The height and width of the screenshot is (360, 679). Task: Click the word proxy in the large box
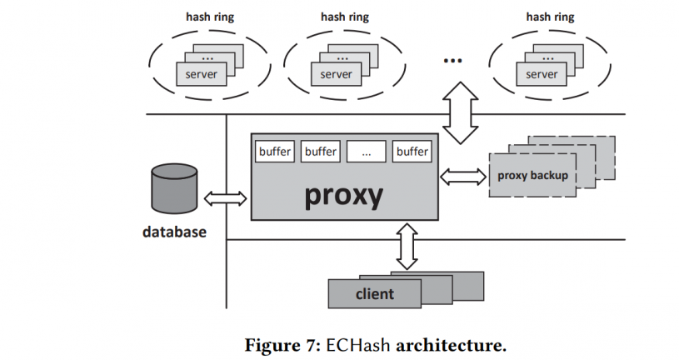coord(345,194)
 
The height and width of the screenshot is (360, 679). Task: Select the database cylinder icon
coord(173,189)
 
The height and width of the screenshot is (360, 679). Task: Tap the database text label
coord(173,232)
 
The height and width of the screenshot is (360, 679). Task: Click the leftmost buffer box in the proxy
coord(275,152)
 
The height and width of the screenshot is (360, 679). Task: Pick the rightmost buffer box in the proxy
coord(412,152)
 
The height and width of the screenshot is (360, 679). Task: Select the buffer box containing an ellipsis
coord(366,152)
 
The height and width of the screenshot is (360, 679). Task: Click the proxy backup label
coord(532,175)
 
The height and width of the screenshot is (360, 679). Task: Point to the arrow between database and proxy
coord(226,198)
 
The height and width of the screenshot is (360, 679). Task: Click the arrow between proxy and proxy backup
coord(463,176)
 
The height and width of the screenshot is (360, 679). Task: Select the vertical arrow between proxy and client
coord(406,246)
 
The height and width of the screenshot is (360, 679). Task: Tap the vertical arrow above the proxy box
coord(459,111)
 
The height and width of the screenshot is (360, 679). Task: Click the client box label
coord(375,294)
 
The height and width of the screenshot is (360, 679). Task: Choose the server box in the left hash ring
coord(200,73)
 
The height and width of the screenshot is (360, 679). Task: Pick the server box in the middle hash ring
coord(336,73)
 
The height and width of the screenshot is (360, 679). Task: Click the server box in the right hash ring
coord(541,73)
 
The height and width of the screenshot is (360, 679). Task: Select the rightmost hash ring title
coord(550,16)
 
